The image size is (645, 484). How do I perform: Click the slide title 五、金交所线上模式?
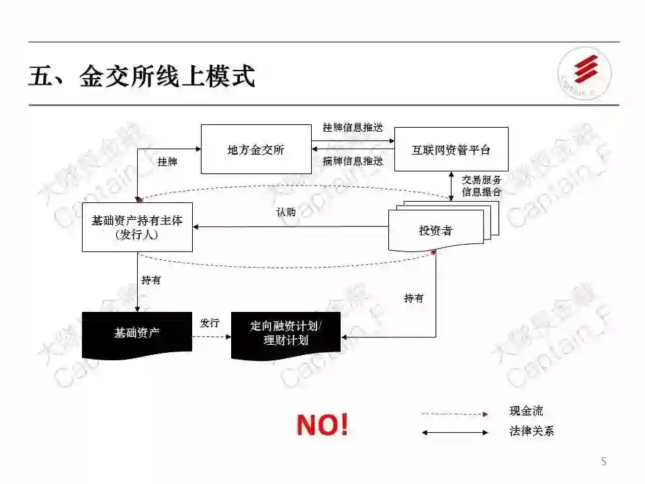(142, 76)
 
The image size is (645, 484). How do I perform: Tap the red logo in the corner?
(585, 73)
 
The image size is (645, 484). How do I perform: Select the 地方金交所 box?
(256, 149)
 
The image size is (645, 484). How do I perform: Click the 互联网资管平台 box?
(451, 149)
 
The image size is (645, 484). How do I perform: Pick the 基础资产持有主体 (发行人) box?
(137, 227)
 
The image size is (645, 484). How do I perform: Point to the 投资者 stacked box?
(436, 231)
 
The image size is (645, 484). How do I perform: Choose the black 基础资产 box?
(137, 333)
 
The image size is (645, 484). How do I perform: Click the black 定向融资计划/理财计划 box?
(286, 333)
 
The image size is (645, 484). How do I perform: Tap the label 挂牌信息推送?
(353, 128)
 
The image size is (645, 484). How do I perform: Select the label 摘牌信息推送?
(353, 161)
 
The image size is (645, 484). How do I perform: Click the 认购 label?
(286, 212)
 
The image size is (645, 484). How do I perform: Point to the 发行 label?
(210, 323)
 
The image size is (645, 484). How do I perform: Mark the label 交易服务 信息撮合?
(481, 186)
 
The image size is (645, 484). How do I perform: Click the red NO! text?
(322, 424)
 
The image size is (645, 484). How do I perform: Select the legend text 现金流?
(526, 411)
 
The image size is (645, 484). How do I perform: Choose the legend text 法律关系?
(531, 432)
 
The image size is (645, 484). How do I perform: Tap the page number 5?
(603, 461)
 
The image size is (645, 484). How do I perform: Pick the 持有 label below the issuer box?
(151, 280)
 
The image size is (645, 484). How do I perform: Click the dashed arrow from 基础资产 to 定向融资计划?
(212, 335)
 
